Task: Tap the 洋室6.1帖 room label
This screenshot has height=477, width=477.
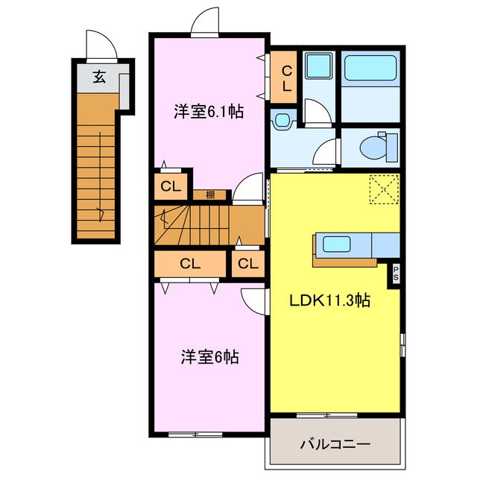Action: coord(209,113)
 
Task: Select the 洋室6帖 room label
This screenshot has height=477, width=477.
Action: coord(209,357)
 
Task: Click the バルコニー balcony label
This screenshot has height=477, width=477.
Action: coord(335,445)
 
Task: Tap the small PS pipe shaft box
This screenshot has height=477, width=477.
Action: coord(395,274)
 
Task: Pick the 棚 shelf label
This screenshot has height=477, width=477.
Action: coord(211,195)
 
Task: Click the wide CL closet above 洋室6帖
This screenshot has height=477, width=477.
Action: coord(190,263)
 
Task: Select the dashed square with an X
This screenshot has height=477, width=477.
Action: coord(385,189)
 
